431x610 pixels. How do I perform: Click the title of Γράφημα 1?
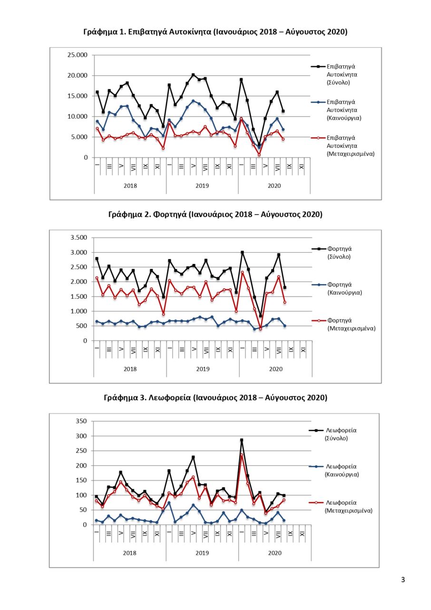point(215,32)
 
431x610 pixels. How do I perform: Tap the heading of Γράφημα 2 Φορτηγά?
point(215,214)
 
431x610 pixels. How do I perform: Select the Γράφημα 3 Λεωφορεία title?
point(215,398)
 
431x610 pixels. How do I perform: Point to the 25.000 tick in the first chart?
point(78,55)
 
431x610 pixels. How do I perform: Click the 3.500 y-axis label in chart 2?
point(79,237)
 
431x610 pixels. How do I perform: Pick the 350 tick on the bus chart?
point(81,421)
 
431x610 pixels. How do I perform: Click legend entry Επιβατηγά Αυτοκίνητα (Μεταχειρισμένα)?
point(343,146)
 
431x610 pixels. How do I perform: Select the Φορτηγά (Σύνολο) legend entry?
point(332,253)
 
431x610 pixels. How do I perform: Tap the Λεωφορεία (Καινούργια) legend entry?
point(334,470)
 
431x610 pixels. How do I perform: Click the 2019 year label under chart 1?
point(202,186)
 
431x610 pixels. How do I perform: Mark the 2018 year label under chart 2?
point(130,369)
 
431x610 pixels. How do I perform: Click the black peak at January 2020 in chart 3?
point(242,440)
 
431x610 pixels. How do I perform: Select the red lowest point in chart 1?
point(259,155)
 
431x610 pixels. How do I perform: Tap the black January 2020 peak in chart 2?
point(243,253)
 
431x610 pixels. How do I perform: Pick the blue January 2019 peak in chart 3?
point(169,503)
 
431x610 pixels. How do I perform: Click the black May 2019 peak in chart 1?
point(193,75)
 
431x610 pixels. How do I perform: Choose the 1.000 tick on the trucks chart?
point(79,311)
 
